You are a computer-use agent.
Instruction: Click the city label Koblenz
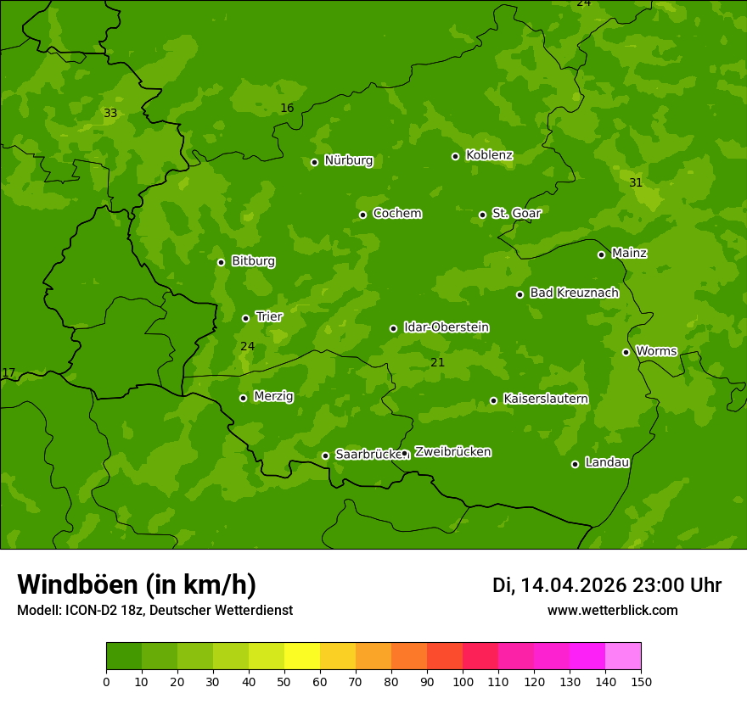coord(489,155)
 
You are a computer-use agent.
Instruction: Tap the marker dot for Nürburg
coord(314,162)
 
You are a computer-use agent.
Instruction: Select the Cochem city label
coord(396,213)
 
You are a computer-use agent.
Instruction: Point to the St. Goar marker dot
coord(482,215)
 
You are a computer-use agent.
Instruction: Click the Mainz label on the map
coord(629,253)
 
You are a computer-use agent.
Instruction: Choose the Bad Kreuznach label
coord(574,293)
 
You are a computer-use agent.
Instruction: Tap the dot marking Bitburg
coord(221,262)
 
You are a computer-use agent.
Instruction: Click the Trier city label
coord(269,316)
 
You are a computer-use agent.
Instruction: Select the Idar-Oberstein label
coord(446,327)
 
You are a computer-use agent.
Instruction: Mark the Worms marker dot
coord(626,352)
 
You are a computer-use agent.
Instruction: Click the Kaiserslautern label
coord(546,399)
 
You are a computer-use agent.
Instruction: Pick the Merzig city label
coord(273,396)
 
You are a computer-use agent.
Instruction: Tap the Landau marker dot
coord(575,464)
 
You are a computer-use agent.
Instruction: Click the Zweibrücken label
coord(452,452)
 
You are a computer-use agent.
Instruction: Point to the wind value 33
coord(110,113)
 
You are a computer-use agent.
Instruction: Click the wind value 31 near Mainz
coord(636,182)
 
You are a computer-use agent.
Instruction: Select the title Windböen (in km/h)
coord(137,584)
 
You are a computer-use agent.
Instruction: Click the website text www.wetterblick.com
coord(612,610)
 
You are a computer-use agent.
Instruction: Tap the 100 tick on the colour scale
coord(463,681)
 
